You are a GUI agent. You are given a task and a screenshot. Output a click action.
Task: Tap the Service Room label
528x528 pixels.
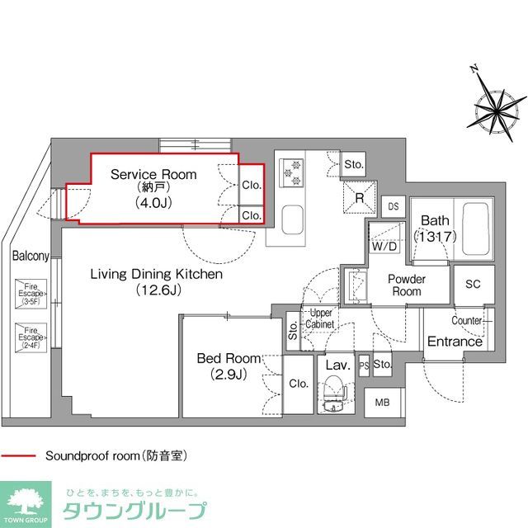(x=153, y=175)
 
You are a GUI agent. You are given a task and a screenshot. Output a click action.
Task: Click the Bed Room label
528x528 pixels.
(x=229, y=358)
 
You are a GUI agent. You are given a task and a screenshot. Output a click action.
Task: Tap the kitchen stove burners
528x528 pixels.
(x=291, y=172)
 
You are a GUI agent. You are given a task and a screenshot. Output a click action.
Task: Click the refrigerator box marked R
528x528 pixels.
(x=360, y=197)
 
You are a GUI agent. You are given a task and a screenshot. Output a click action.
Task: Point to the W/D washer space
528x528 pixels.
(x=383, y=245)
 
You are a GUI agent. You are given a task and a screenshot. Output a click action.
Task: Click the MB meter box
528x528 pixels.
(x=381, y=402)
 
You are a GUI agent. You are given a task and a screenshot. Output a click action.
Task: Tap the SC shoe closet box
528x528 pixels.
(x=473, y=284)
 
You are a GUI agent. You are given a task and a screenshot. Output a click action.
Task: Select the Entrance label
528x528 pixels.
(x=455, y=342)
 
